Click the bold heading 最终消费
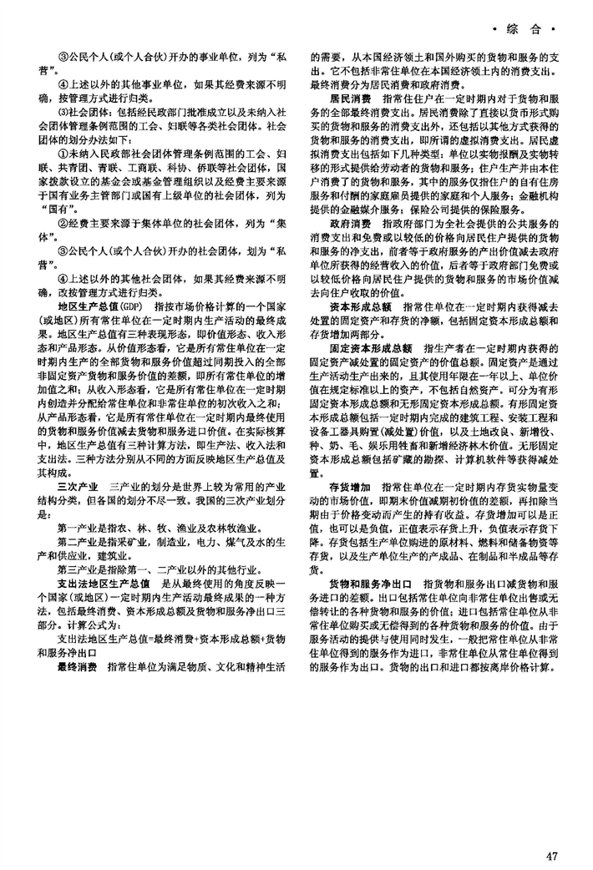(78, 645)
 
